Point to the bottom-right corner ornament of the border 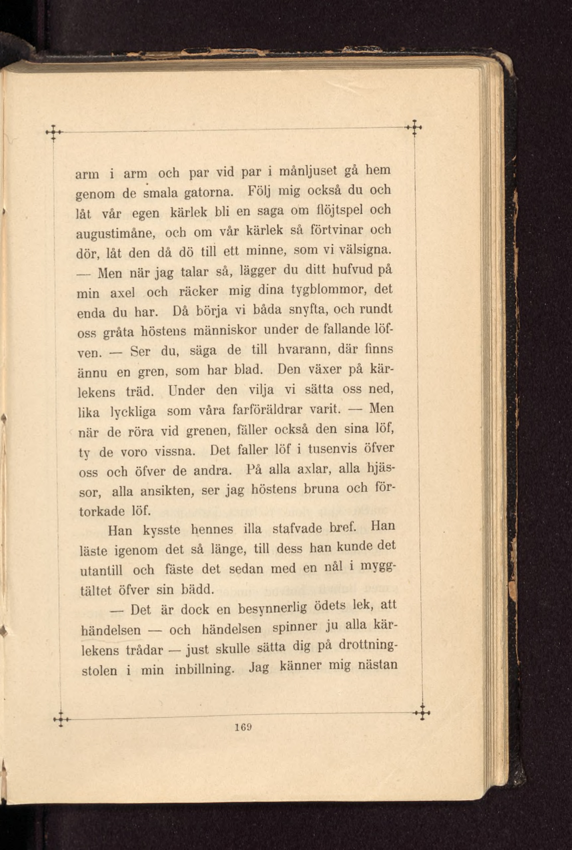(x=422, y=712)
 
